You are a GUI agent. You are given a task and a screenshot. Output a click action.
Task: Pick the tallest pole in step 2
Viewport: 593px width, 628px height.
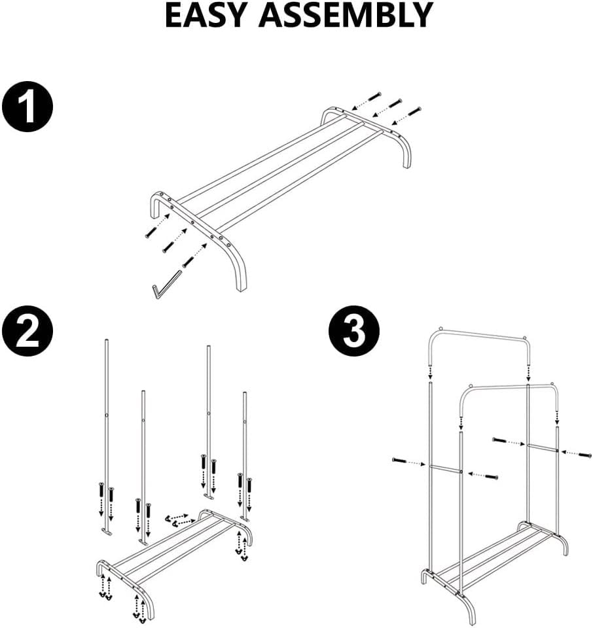(105, 419)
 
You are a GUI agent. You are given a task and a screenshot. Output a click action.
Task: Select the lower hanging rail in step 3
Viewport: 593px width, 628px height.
(507, 389)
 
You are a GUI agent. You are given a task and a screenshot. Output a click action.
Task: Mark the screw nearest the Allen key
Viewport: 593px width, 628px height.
(189, 262)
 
